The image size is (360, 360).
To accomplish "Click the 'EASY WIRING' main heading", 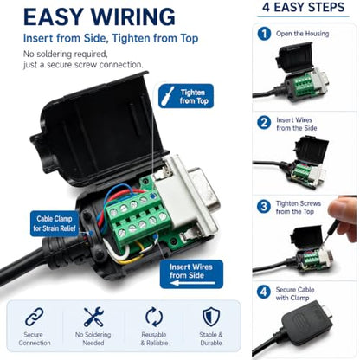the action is tap(100, 17).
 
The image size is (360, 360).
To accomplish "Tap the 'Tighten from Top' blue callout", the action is tap(186, 96).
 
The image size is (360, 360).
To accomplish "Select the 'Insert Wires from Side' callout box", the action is tap(191, 274).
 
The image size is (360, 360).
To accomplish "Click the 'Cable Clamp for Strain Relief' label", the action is tap(55, 223).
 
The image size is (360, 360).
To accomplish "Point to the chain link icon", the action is tap(34, 317).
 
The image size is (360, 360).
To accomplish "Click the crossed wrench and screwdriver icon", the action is tap(93, 317).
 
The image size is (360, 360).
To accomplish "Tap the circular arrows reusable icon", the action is tap(154, 317).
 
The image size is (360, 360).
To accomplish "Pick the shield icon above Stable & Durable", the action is tap(211, 317).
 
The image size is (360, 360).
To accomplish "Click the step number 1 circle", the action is tap(264, 34).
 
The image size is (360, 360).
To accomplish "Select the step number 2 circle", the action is tap(264, 123).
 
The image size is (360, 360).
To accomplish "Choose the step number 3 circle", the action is tap(264, 207).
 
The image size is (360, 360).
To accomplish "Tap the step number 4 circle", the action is tap(264, 292).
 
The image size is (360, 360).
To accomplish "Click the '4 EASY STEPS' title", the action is tap(304, 7).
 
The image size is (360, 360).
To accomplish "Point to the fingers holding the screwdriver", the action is tap(344, 217).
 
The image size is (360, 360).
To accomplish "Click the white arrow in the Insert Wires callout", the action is tap(193, 283).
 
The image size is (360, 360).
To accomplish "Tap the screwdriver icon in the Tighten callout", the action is tap(168, 96).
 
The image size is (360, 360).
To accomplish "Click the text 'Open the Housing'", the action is tap(303, 34).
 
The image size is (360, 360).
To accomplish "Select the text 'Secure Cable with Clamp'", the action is tap(295, 293).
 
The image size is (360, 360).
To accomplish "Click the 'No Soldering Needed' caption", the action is tap(93, 339).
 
